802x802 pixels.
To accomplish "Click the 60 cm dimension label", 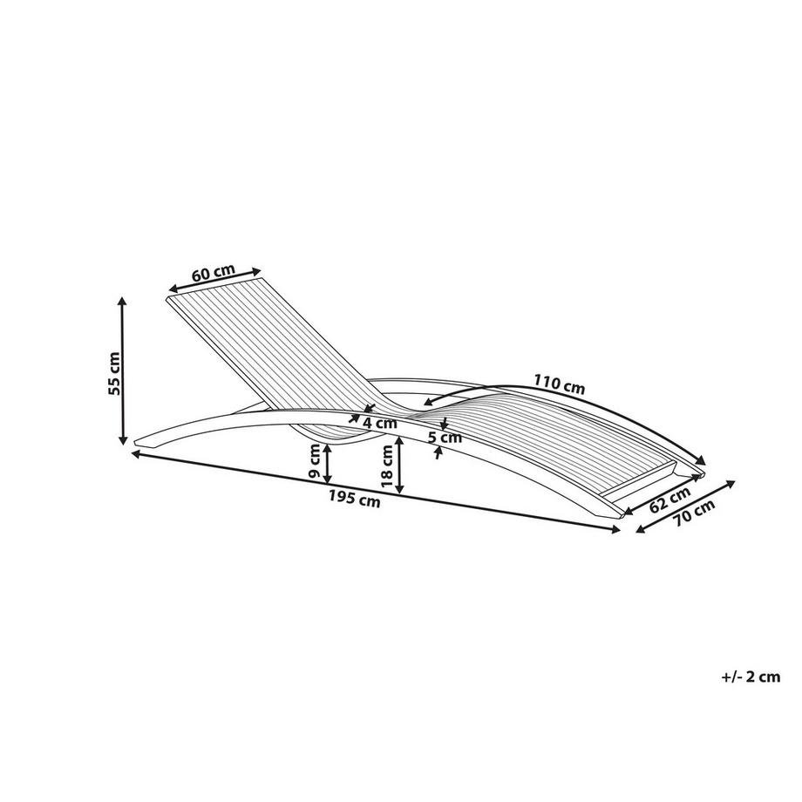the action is coord(214,272).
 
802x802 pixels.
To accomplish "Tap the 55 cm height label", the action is coord(114,373).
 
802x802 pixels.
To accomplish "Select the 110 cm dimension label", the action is coord(559,384).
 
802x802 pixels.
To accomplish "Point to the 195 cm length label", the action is coord(355,498).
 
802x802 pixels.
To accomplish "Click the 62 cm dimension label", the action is coord(670,500).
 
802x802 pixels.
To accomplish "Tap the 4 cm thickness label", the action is coord(379,423).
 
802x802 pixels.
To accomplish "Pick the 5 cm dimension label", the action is coord(445,438).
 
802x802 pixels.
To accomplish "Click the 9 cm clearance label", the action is coord(316,461).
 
